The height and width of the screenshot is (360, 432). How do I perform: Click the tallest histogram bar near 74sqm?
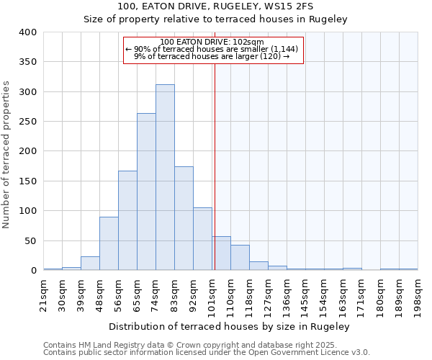click(x=165, y=177)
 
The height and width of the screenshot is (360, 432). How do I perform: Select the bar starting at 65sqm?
click(x=146, y=192)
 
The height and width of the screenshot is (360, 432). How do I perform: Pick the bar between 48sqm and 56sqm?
click(x=109, y=243)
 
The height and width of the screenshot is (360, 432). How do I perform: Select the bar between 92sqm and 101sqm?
click(x=202, y=239)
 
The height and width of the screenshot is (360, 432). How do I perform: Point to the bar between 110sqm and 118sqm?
click(x=240, y=258)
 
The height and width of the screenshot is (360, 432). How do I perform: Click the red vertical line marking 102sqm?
click(x=215, y=166)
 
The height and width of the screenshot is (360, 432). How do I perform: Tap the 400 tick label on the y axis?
click(x=28, y=32)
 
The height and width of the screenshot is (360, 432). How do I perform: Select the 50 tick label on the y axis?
click(x=31, y=240)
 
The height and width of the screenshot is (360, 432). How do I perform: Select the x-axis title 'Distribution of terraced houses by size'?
click(x=230, y=326)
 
